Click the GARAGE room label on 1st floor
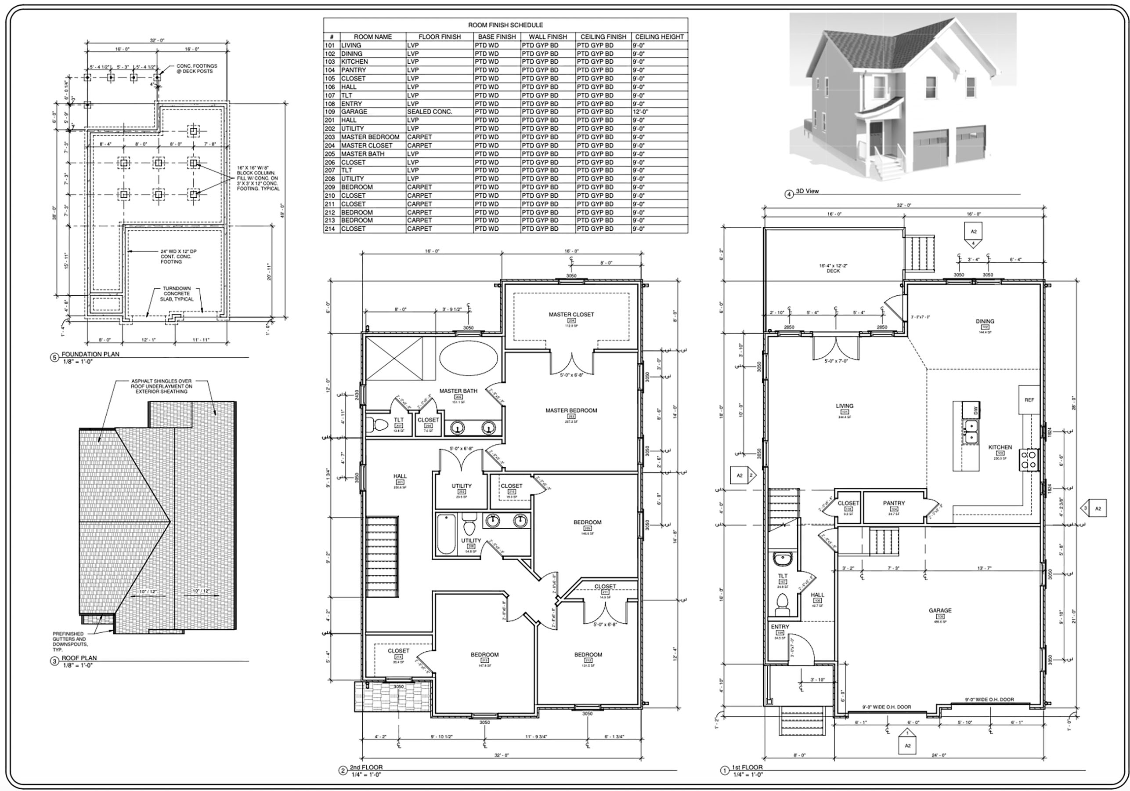[x=939, y=610]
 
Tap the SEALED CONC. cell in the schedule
[x=429, y=112]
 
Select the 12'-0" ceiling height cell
[x=641, y=112]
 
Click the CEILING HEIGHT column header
[x=659, y=36]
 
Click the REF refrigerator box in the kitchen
[x=1029, y=399]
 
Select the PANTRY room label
[x=894, y=503]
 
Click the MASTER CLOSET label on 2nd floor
[x=571, y=314]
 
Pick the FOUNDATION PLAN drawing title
[x=90, y=354]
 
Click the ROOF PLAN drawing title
[x=79, y=657]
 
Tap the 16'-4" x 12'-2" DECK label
[x=833, y=268]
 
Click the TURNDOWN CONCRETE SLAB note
[x=177, y=294]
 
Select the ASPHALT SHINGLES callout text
[x=162, y=386]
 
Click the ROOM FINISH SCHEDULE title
[x=505, y=25]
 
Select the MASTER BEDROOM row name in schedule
[x=370, y=137]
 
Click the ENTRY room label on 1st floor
[x=780, y=627]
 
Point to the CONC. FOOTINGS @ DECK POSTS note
[x=197, y=69]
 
